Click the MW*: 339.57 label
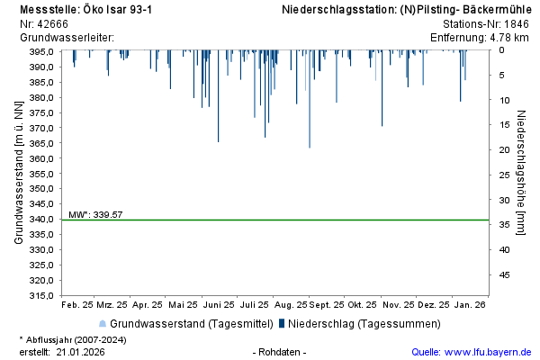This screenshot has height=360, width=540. click(x=95, y=215)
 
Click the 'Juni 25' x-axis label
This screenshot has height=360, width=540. click(x=220, y=305)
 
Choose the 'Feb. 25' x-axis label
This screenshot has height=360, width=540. click(x=77, y=305)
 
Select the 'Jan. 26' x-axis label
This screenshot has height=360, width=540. click(x=470, y=305)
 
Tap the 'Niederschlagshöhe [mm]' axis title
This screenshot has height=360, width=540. click(x=521, y=173)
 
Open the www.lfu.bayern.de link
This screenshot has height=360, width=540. click(x=490, y=352)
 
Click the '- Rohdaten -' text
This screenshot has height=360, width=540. click(x=281, y=352)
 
